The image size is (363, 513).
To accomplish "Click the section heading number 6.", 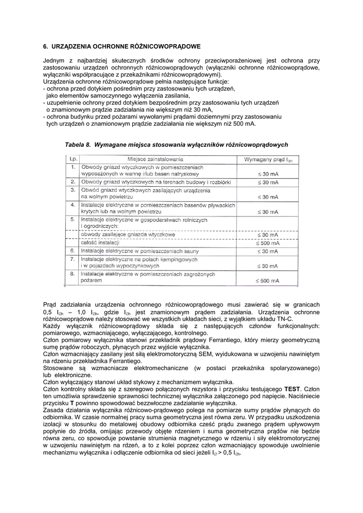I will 46,47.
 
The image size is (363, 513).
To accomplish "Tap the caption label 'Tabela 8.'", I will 78,144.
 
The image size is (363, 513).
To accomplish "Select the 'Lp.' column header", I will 73,159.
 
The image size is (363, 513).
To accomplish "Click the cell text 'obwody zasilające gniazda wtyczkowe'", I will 128,234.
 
